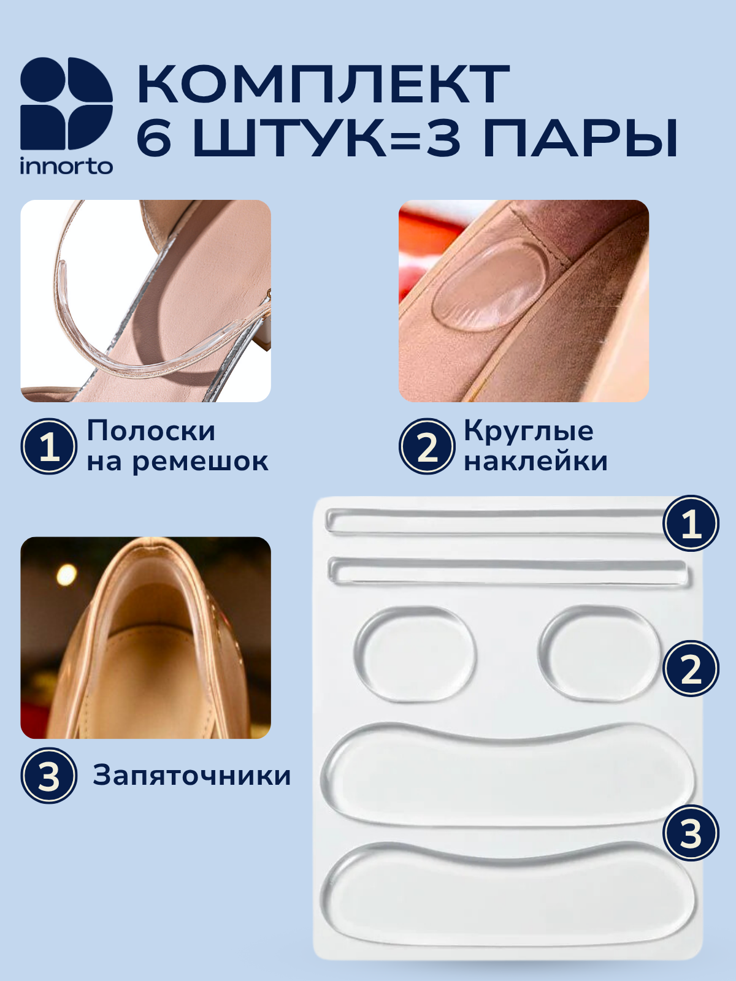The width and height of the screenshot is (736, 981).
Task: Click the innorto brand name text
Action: (x=66, y=166)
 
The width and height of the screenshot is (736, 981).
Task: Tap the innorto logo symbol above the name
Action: (x=66, y=103)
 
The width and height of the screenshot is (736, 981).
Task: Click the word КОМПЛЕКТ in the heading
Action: (x=323, y=85)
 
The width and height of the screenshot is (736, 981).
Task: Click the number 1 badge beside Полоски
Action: (x=48, y=446)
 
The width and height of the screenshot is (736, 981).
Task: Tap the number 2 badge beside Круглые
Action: (x=427, y=446)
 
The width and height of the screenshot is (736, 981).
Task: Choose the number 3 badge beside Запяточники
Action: (x=48, y=776)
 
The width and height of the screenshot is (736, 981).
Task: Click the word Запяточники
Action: (x=192, y=776)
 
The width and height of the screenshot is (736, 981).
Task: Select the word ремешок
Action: (x=200, y=462)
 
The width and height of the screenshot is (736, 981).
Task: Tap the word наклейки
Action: (x=536, y=461)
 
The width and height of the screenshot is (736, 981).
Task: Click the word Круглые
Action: (x=529, y=431)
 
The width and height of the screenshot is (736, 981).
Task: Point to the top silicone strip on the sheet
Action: (x=496, y=521)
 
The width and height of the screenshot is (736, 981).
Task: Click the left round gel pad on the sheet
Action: (x=415, y=654)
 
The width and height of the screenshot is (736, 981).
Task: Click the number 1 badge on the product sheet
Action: (x=691, y=523)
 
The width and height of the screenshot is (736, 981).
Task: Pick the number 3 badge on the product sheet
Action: (x=691, y=833)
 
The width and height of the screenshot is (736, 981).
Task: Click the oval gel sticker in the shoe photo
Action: (x=490, y=284)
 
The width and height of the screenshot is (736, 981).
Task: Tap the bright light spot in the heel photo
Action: (x=67, y=574)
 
